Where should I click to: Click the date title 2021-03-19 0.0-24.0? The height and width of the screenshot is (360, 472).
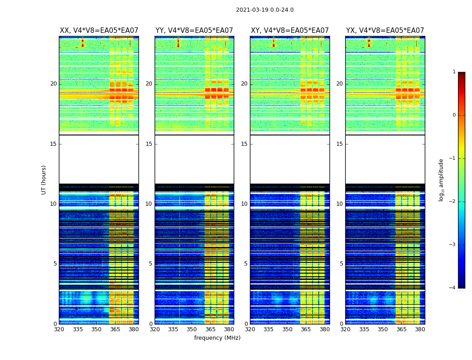(x=264, y=10)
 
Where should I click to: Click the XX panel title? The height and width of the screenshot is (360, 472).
(x=99, y=31)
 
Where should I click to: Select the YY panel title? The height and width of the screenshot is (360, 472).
(x=194, y=31)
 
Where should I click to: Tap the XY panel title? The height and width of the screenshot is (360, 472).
(x=289, y=31)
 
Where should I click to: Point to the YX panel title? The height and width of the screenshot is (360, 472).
(x=385, y=31)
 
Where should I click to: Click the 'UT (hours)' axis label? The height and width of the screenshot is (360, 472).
(x=44, y=180)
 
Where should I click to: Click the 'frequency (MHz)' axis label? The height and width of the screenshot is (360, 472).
(x=217, y=338)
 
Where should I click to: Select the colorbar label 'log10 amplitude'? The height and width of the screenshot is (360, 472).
(x=441, y=180)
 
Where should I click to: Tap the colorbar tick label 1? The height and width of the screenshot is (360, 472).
(x=454, y=72)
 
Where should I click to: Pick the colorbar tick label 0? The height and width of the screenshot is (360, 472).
(x=454, y=115)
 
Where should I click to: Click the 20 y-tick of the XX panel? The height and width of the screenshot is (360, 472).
(x=53, y=84)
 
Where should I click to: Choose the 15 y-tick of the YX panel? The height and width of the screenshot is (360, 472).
(x=340, y=144)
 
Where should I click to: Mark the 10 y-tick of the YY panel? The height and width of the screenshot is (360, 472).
(x=149, y=204)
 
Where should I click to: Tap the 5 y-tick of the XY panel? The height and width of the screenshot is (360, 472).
(x=246, y=264)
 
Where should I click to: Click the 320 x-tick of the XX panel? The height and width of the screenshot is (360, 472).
(x=59, y=329)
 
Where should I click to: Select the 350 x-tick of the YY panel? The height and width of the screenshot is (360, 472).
(x=191, y=329)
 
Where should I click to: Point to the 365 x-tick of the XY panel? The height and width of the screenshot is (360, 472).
(x=306, y=329)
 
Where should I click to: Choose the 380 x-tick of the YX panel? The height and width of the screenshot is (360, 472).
(x=420, y=329)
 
